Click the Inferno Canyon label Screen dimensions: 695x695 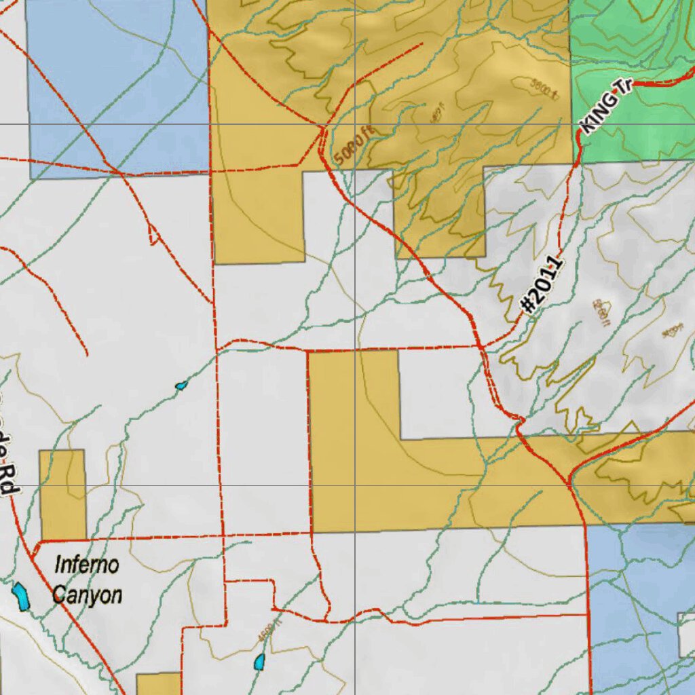(88, 580)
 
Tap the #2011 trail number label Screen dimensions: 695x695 (542, 284)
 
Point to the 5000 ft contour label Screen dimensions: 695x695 (354, 145)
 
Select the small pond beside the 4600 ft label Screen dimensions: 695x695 (259, 662)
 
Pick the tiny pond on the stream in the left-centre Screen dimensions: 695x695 (181, 386)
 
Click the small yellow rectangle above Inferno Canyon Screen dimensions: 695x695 (62, 495)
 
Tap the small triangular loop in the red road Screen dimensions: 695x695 (154, 236)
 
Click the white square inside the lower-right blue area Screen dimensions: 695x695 (686, 634)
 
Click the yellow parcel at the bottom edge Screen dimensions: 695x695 (159, 683)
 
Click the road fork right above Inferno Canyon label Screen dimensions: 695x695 (36, 542)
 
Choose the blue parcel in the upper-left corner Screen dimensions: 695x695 (115, 81)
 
